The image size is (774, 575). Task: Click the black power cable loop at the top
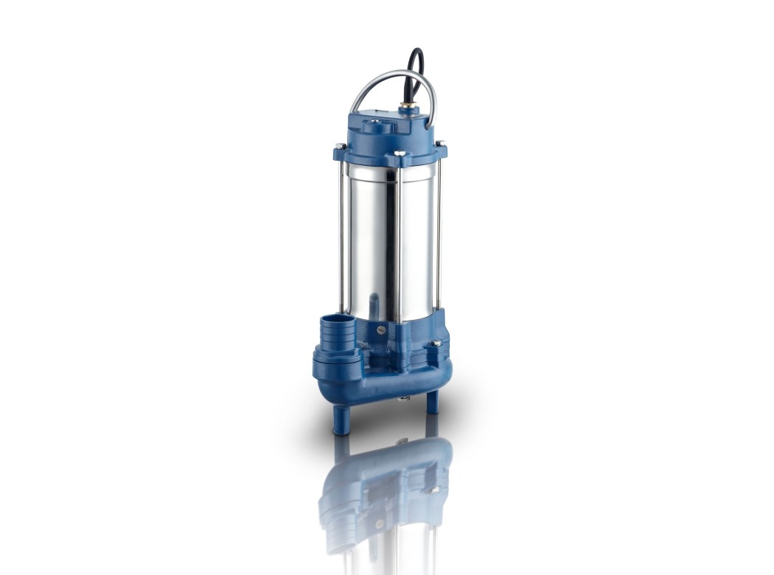click(418, 62)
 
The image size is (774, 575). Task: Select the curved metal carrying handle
click(369, 84)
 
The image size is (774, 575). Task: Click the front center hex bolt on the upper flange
click(399, 154)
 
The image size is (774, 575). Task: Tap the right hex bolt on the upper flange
click(440, 144)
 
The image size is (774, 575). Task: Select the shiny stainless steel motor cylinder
click(387, 236)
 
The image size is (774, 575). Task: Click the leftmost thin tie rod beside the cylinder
click(340, 236)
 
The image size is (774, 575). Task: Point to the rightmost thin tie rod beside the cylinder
click(440, 236)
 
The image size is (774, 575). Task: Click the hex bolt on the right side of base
click(437, 343)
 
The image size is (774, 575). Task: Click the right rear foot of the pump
click(432, 401)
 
